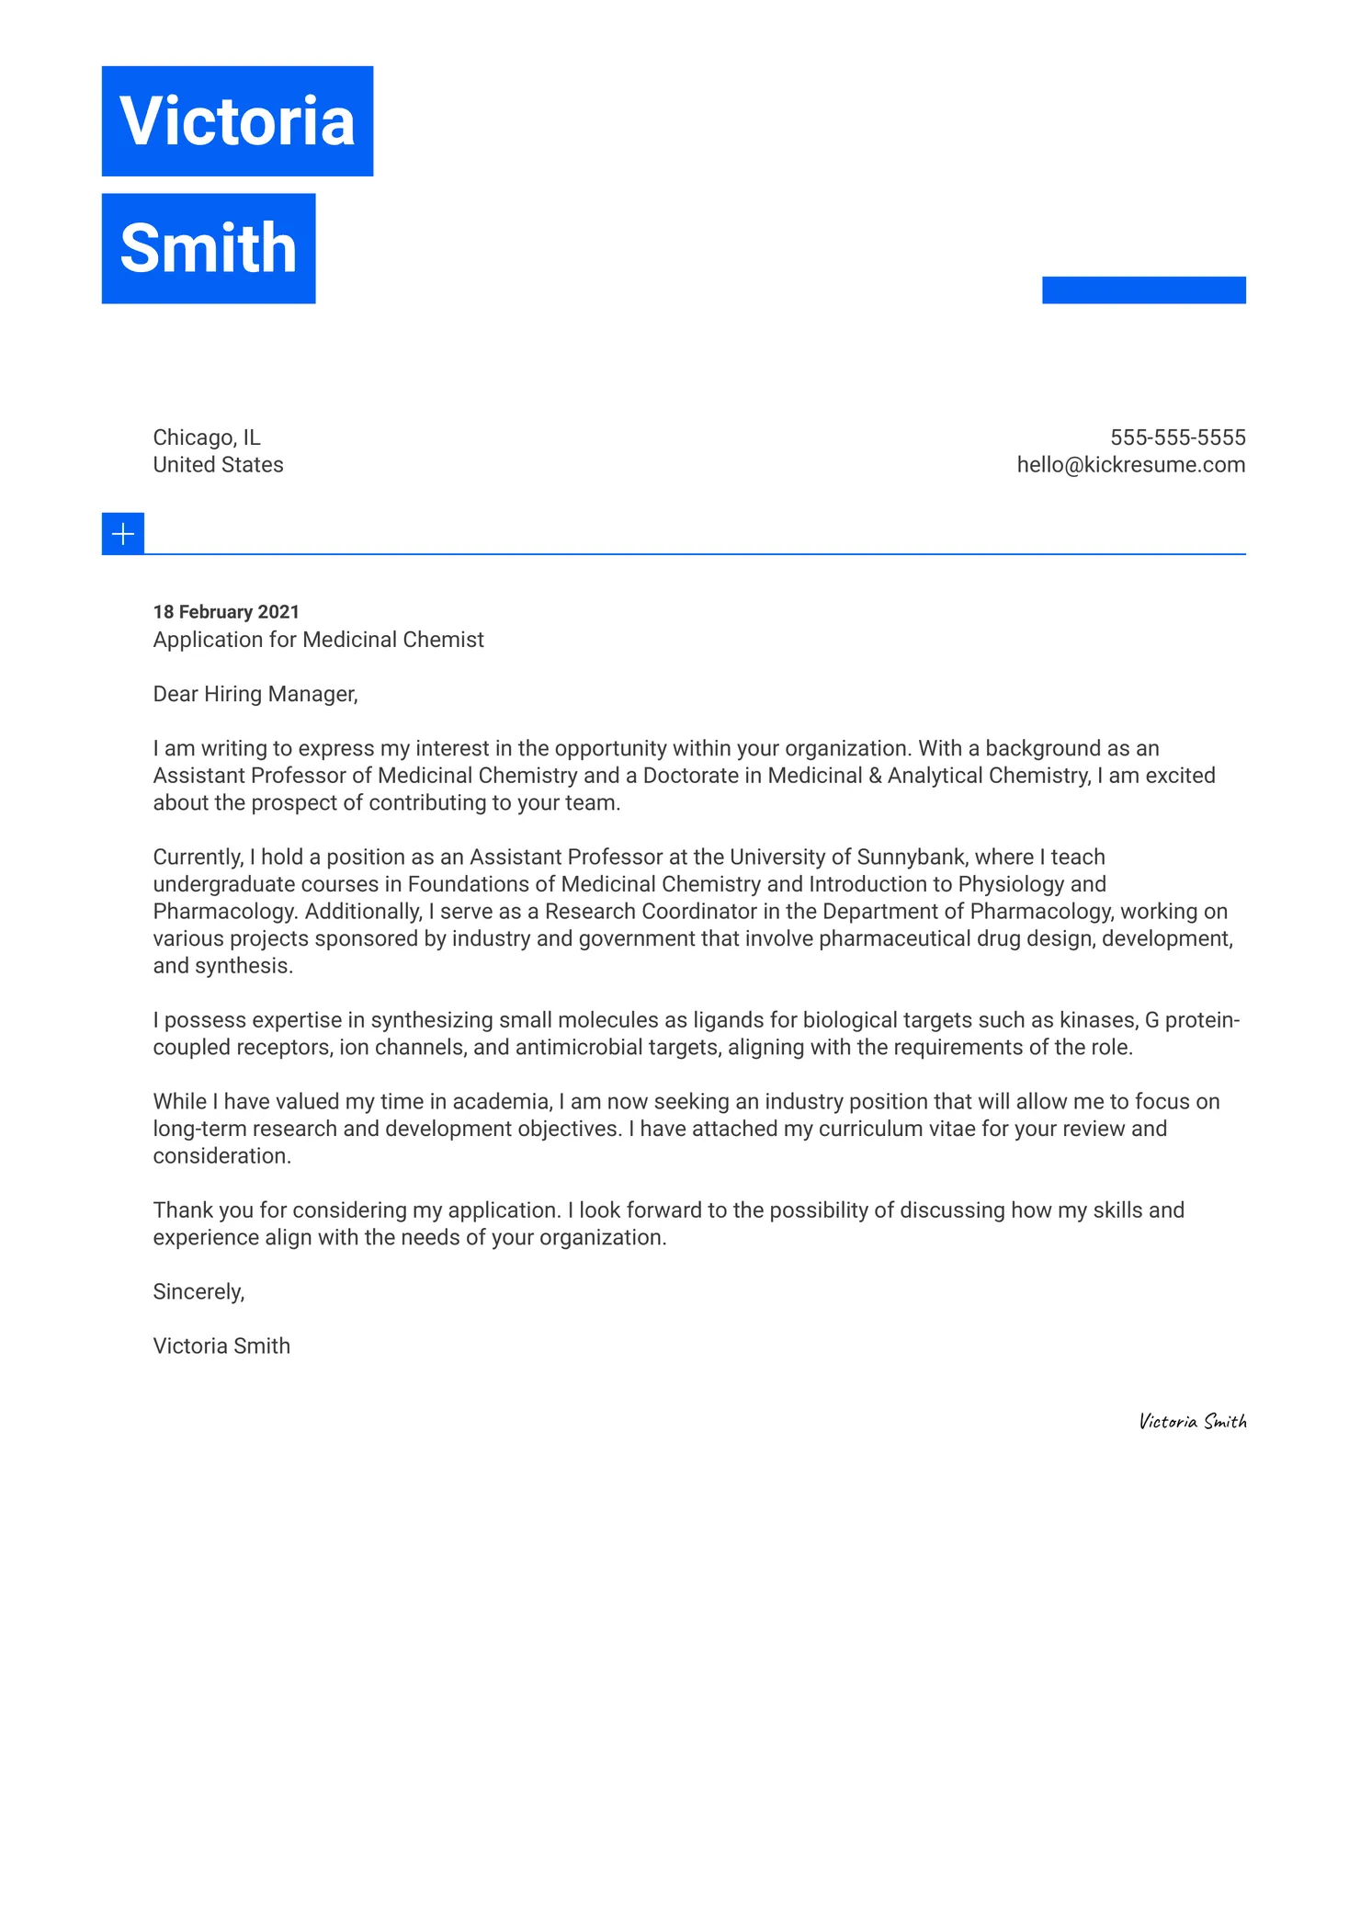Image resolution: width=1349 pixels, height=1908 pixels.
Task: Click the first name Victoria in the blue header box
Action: (x=237, y=121)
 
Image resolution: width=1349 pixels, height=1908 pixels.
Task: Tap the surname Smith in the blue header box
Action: (x=209, y=248)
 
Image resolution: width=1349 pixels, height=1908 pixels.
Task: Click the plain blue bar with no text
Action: (x=1143, y=290)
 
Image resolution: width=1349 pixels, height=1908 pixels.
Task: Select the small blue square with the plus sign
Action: (x=123, y=534)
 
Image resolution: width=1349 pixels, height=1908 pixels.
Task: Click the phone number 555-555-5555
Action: (x=1177, y=437)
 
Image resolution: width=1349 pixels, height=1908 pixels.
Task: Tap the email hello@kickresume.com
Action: (x=1130, y=465)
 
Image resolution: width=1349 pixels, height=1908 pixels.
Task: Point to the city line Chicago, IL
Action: (x=207, y=437)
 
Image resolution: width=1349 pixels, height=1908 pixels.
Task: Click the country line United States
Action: (x=218, y=465)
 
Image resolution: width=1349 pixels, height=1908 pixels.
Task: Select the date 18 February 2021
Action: (x=226, y=612)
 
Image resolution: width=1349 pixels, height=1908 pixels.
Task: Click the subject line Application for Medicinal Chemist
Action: (x=318, y=640)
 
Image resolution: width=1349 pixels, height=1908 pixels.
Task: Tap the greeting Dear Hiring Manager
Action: (x=255, y=694)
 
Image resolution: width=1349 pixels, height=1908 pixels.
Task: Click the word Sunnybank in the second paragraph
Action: (x=911, y=857)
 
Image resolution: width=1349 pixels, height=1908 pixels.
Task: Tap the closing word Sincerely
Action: (x=198, y=1292)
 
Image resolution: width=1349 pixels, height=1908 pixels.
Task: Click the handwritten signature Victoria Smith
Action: (x=1193, y=1422)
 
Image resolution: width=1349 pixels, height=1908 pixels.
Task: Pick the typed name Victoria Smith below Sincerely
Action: (x=221, y=1346)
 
